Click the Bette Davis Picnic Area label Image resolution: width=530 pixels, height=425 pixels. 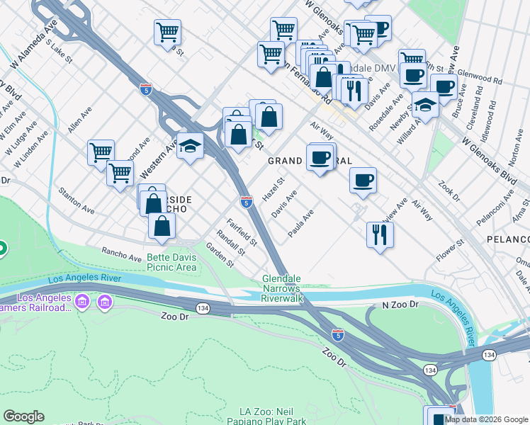coord(171,262)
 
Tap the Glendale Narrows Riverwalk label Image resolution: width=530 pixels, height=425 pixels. coord(283,289)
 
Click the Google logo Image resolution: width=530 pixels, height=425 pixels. coord(23,416)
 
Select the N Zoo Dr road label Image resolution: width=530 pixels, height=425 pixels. coord(400,305)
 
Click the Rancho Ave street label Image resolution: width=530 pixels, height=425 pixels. coord(122,252)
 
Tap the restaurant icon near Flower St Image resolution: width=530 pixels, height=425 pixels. coord(380,234)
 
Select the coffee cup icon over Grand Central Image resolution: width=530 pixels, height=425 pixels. coord(320,157)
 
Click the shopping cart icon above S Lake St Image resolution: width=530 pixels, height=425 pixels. coord(167,31)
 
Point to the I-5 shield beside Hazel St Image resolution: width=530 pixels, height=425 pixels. coord(246,202)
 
